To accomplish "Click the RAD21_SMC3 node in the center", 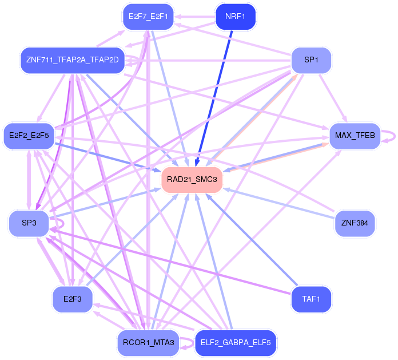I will tap(192, 180).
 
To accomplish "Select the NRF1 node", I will tap(235, 17).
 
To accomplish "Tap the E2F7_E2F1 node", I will tap(148, 17).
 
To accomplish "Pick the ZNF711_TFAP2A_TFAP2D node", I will tap(72, 60).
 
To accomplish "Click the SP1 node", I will tap(311, 60).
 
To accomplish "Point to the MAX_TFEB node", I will tap(355, 136).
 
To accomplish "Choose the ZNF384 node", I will tap(355, 223).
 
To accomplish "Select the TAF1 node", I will tap(311, 299).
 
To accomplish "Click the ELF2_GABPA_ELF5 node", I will tap(236, 343).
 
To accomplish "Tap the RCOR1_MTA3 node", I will tap(148, 343).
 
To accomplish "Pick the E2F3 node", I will tap(72, 299).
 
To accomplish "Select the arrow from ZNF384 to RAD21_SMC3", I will tap(280, 200).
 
